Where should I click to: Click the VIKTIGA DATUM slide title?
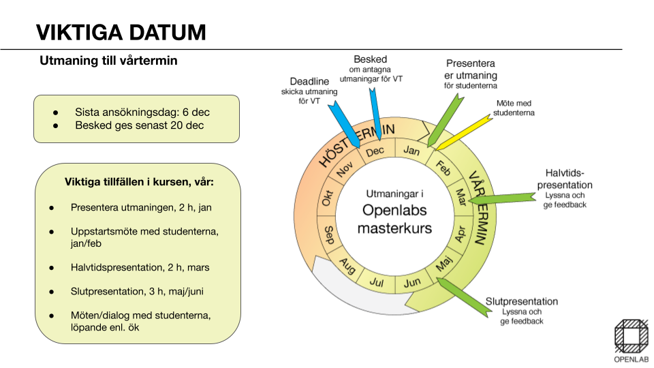pos(121,32)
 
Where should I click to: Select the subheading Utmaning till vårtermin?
pos(108,61)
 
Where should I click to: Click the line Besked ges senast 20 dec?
pos(139,125)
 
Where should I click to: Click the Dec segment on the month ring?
pos(375,152)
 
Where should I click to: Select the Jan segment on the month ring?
pos(411,150)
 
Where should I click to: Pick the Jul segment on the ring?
pos(377,281)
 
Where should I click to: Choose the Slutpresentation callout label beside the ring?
pos(521,302)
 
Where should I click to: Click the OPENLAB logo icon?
pos(631,336)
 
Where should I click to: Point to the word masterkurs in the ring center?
pos(394,228)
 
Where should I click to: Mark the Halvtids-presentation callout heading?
pos(564,179)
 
